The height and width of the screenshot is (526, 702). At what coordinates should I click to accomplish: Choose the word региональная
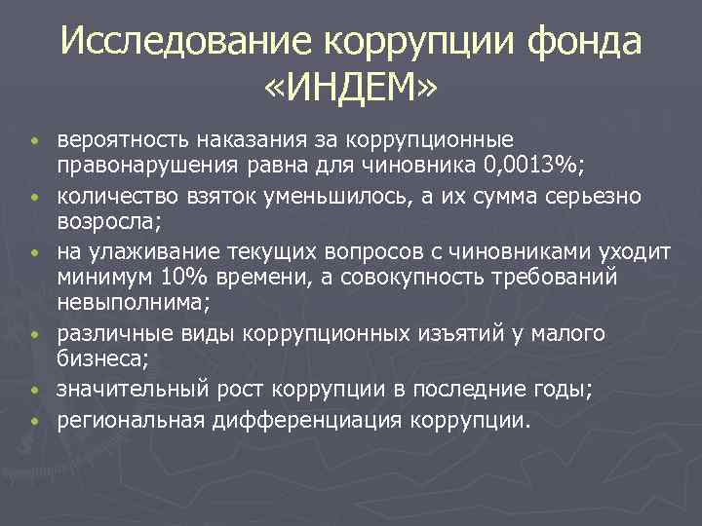[129, 421]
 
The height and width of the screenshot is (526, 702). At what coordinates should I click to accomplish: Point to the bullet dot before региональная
[34, 423]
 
